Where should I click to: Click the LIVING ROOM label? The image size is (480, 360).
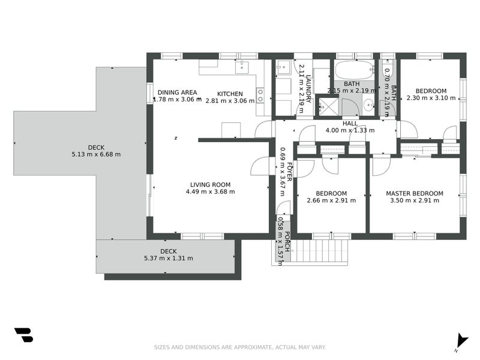pyautogui.click(x=211, y=185)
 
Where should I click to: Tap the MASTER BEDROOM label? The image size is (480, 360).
pyautogui.click(x=415, y=193)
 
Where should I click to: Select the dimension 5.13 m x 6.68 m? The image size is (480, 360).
pyautogui.click(x=96, y=155)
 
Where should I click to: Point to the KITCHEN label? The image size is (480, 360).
pyautogui.click(x=230, y=94)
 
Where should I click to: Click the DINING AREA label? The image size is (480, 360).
pyautogui.click(x=177, y=92)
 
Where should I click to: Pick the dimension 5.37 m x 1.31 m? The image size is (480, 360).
pyautogui.click(x=169, y=259)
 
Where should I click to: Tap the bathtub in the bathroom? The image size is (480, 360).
pyautogui.click(x=355, y=70)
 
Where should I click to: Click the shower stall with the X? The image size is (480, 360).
pyautogui.click(x=328, y=107)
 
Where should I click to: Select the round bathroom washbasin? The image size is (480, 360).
pyautogui.click(x=368, y=106)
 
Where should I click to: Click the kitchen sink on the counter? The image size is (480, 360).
pyautogui.click(x=242, y=67)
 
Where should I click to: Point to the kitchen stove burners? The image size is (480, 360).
pyautogui.click(x=260, y=95)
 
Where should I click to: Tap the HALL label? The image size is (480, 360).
pyautogui.click(x=350, y=124)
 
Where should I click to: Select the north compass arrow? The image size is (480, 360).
pyautogui.click(x=461, y=341)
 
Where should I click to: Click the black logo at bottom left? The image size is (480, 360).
pyautogui.click(x=23, y=335)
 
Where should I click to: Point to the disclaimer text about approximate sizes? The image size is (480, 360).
pyautogui.click(x=239, y=347)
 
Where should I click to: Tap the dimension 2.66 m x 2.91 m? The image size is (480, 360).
pyautogui.click(x=331, y=200)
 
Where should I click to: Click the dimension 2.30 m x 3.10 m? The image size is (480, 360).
pyautogui.click(x=431, y=98)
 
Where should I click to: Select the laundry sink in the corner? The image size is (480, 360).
pyautogui.click(x=283, y=67)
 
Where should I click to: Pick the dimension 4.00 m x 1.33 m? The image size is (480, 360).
pyautogui.click(x=350, y=130)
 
